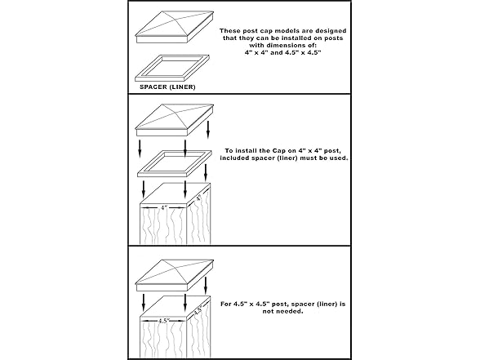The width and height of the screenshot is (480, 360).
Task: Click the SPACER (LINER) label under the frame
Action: pyautogui.click(x=167, y=87)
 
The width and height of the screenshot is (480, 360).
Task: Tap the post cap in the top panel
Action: pyautogui.click(x=175, y=27)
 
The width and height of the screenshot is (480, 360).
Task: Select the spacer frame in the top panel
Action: pyautogui.click(x=172, y=68)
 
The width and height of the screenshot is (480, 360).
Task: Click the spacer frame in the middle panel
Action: pyautogui.click(x=175, y=164)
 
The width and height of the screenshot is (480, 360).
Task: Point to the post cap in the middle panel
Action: pyautogui.click(x=175, y=120)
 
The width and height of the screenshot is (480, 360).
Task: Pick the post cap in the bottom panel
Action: pyautogui.click(x=175, y=276)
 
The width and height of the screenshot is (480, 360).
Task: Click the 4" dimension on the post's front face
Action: pyautogui.click(x=164, y=208)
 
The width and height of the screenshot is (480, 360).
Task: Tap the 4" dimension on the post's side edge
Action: pyautogui.click(x=198, y=198)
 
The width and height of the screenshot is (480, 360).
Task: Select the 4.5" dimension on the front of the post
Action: pyautogui.click(x=164, y=321)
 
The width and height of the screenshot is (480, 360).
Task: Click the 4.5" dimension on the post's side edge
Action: pyautogui.click(x=198, y=311)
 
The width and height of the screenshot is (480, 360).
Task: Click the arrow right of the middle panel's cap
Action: pyautogui.click(x=208, y=130)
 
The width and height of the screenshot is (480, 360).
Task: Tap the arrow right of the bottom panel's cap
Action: pyautogui.click(x=206, y=286)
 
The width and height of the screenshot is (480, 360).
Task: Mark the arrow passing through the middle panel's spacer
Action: pyautogui.click(x=184, y=149)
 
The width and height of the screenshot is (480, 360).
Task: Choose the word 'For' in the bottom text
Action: pyautogui.click(x=226, y=304)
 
